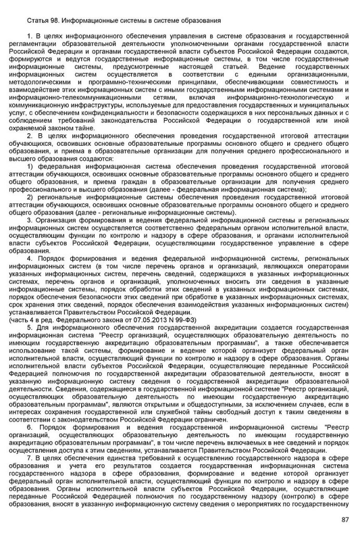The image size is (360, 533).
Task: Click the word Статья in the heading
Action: (x=37, y=20)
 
